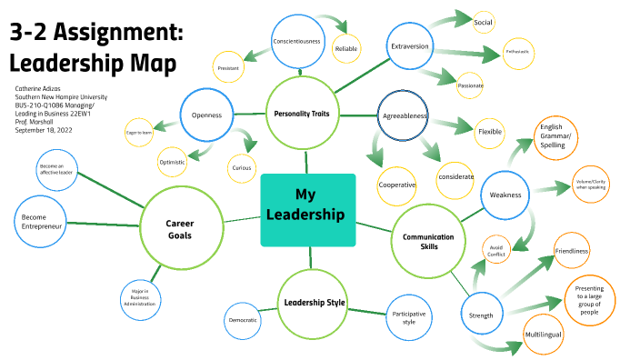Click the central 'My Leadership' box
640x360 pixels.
(307, 209)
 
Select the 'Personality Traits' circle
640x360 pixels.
(307, 114)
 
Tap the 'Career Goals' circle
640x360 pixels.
(180, 228)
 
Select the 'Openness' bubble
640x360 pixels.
(207, 115)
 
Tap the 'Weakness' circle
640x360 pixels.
(505, 195)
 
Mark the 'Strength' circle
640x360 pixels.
(481, 315)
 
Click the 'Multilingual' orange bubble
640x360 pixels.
(544, 335)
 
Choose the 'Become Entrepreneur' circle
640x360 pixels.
(44, 219)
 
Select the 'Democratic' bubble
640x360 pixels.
(242, 320)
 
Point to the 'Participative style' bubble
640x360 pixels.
(409, 316)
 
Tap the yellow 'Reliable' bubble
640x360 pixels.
(346, 48)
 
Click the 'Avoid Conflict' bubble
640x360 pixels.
(496, 250)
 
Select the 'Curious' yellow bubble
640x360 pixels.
(241, 167)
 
